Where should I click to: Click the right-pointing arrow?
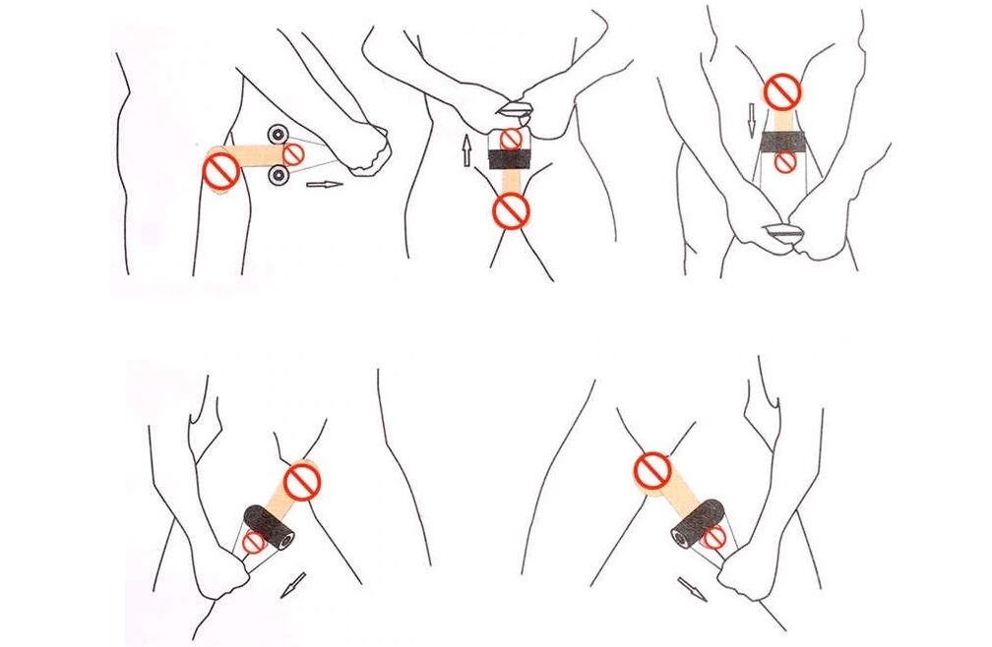(x=325, y=183)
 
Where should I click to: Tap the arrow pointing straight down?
(x=751, y=121)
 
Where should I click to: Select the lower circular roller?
(x=279, y=176)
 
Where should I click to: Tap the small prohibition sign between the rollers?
(x=293, y=153)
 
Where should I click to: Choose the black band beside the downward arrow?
(x=783, y=144)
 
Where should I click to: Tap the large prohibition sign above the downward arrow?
(x=783, y=92)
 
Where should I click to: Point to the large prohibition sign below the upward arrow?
(x=511, y=208)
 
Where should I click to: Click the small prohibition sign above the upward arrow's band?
(x=510, y=139)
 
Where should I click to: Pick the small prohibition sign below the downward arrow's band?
(x=784, y=163)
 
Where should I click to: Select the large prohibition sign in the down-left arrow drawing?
(x=302, y=482)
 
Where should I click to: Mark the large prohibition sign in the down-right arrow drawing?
(x=651, y=470)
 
